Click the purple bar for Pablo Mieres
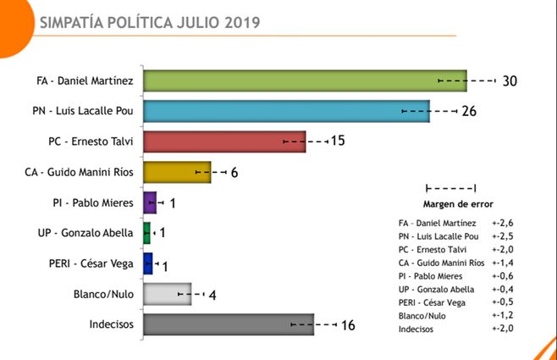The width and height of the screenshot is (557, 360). pyautogui.click(x=150, y=202)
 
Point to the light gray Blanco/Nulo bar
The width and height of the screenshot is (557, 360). pyautogui.click(x=168, y=294)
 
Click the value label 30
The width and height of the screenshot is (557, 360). pyautogui.click(x=509, y=81)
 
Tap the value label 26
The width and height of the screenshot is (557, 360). pyautogui.click(x=471, y=112)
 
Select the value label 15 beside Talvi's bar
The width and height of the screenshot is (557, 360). pyautogui.click(x=337, y=141)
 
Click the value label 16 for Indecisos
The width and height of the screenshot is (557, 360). pyautogui.click(x=347, y=324)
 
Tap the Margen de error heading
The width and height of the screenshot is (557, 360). pyautogui.click(x=457, y=203)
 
